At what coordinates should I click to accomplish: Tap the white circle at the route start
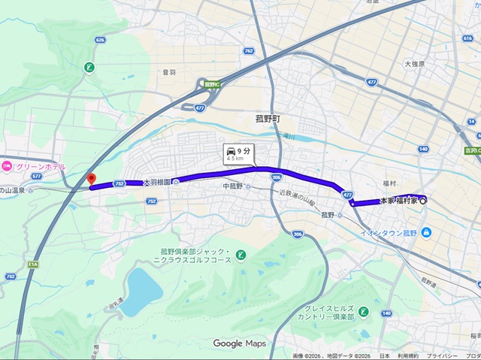[x=423, y=201]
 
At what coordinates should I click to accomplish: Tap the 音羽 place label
[x=168, y=72]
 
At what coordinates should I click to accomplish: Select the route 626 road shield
[x=100, y=39]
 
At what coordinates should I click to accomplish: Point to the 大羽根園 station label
[x=156, y=182]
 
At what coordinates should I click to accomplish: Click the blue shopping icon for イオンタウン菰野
[x=426, y=231]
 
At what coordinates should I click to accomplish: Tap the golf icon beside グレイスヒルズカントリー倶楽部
[x=364, y=311]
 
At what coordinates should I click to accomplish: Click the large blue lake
[x=140, y=290]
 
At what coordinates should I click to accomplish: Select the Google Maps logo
[x=239, y=343]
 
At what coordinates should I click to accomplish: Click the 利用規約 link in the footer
[x=409, y=355]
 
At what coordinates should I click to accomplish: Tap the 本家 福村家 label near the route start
[x=397, y=201]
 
